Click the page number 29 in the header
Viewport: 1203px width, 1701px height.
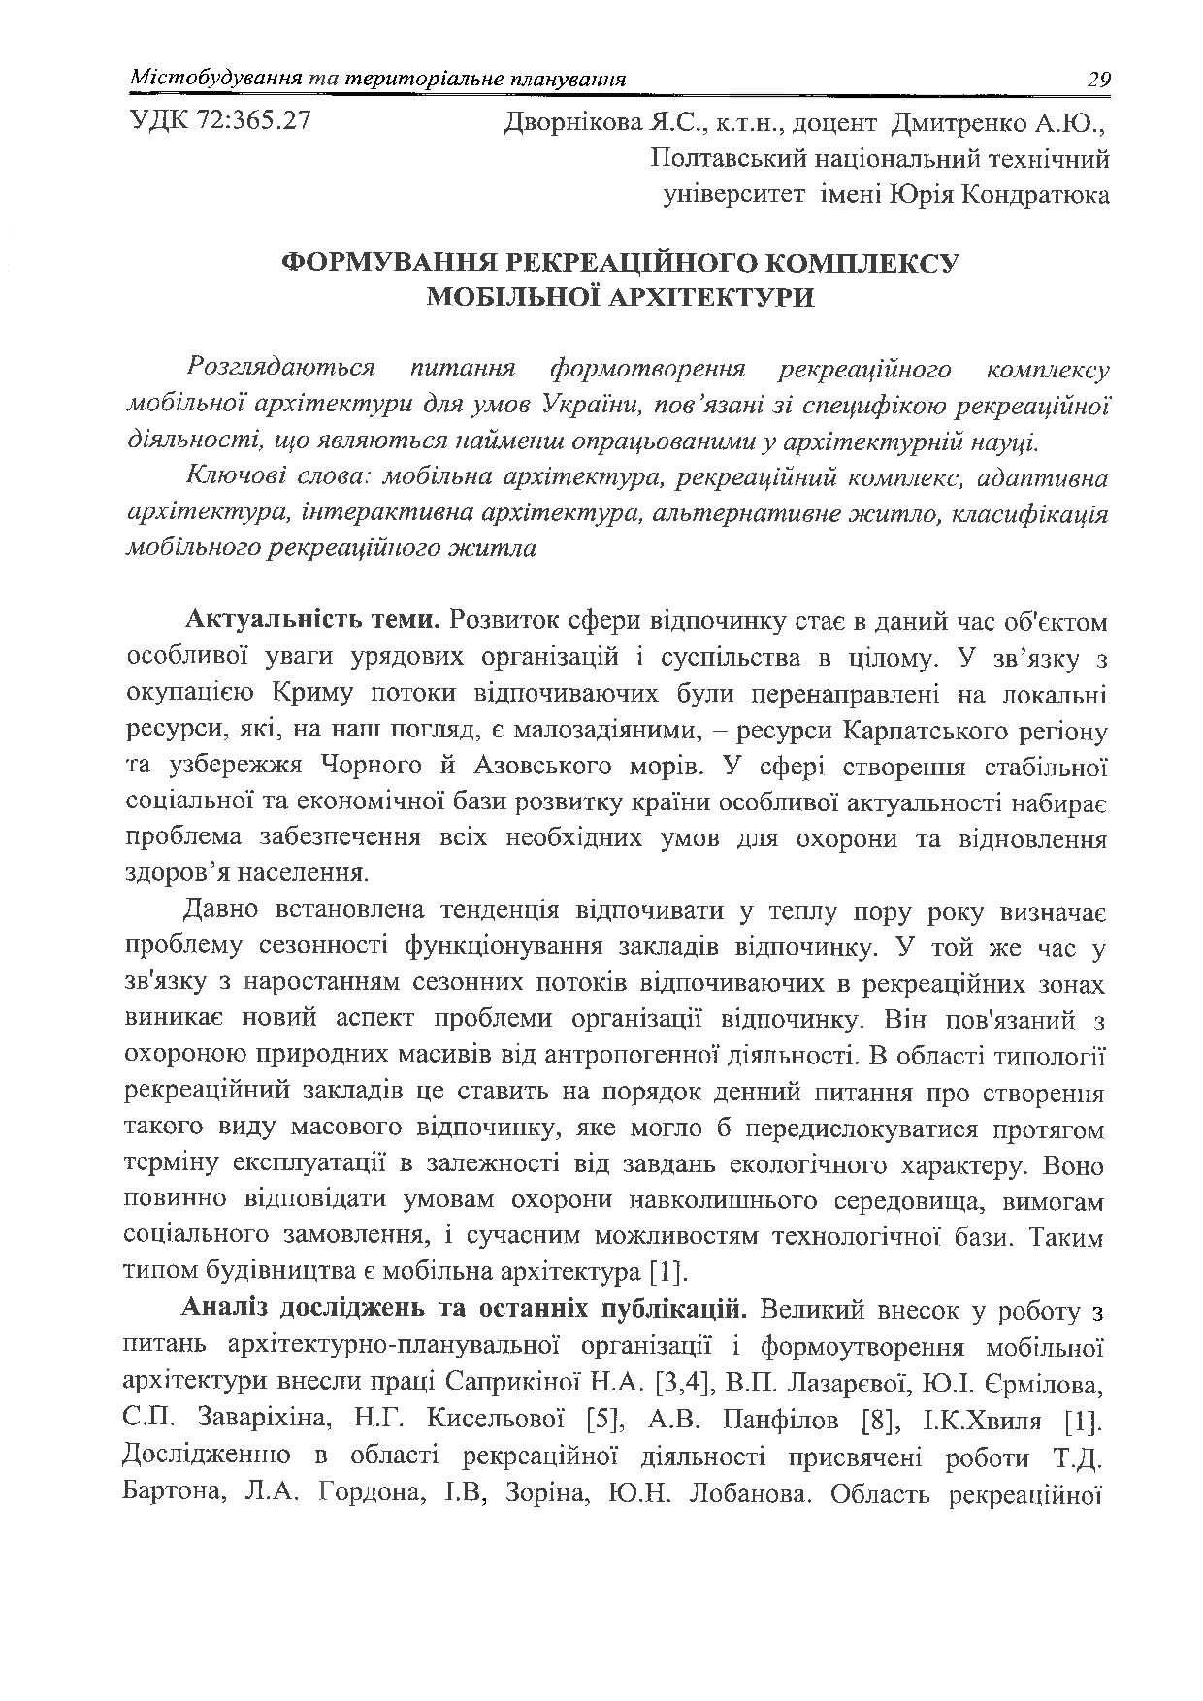click(1097, 79)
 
